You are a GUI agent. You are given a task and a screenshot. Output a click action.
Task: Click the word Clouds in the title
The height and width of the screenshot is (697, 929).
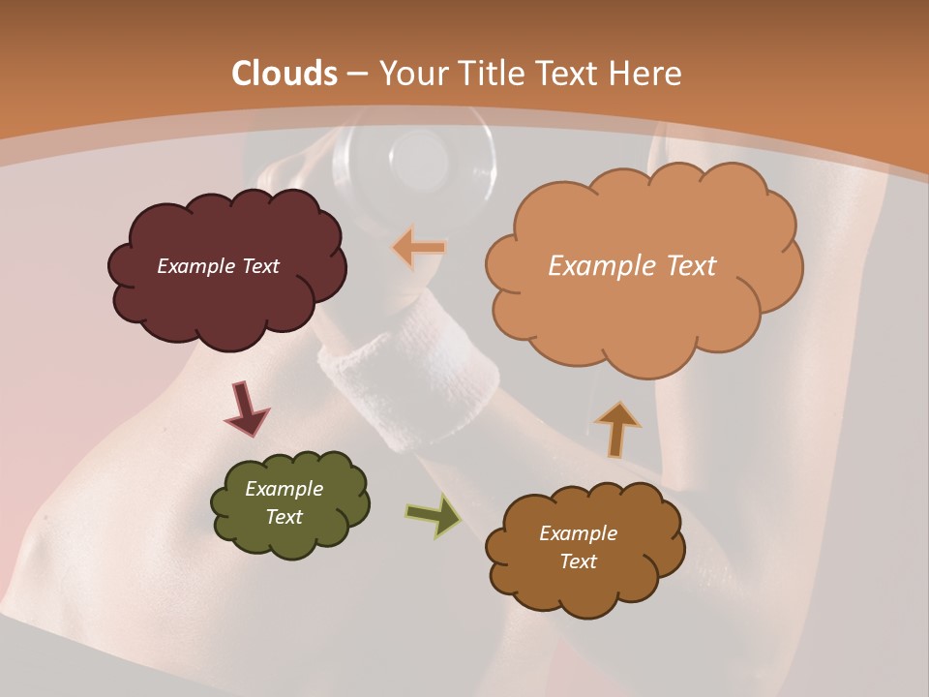click(x=285, y=74)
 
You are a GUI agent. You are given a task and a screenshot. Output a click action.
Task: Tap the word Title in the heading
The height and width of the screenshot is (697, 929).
click(x=488, y=74)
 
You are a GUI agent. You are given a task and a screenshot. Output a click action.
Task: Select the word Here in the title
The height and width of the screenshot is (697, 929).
click(x=645, y=74)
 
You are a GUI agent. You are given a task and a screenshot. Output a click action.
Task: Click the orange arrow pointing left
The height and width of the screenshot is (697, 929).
click(x=419, y=248)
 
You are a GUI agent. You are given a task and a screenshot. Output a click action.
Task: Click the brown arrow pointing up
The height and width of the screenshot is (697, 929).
click(x=616, y=428)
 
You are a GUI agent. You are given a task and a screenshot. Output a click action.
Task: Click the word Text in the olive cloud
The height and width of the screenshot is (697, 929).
click(x=285, y=517)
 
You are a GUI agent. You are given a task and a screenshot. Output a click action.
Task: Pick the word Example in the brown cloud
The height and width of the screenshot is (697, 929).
click(x=578, y=533)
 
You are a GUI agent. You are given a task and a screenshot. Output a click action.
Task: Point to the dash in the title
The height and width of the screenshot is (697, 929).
click(x=357, y=74)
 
